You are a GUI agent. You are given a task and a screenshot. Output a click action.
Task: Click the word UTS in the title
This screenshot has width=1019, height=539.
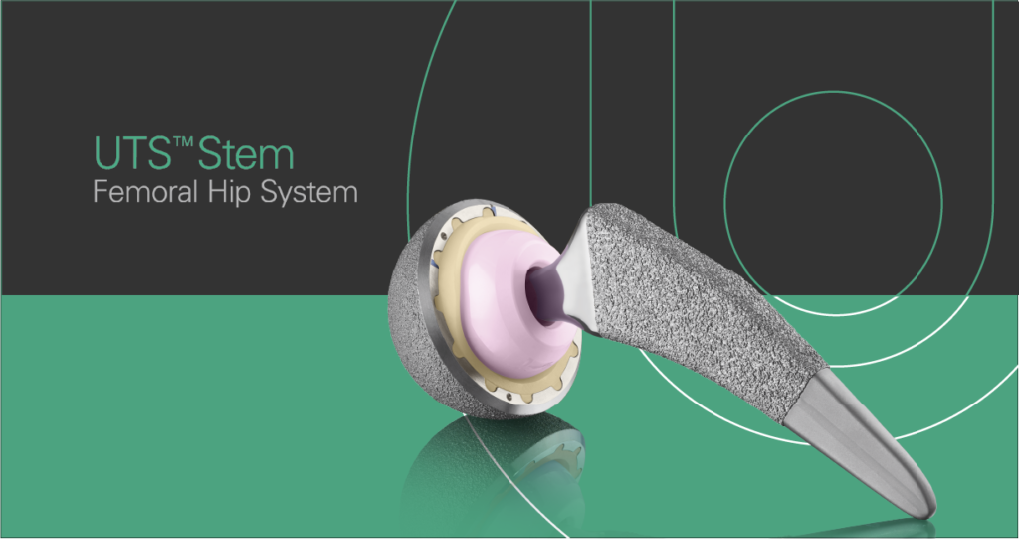point(132,153)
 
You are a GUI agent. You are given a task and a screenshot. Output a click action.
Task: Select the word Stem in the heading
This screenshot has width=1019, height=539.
point(245,153)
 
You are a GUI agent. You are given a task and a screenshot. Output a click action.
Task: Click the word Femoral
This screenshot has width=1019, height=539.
point(145,192)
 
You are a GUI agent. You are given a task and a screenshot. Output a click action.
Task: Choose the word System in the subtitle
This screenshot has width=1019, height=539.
point(309,193)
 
